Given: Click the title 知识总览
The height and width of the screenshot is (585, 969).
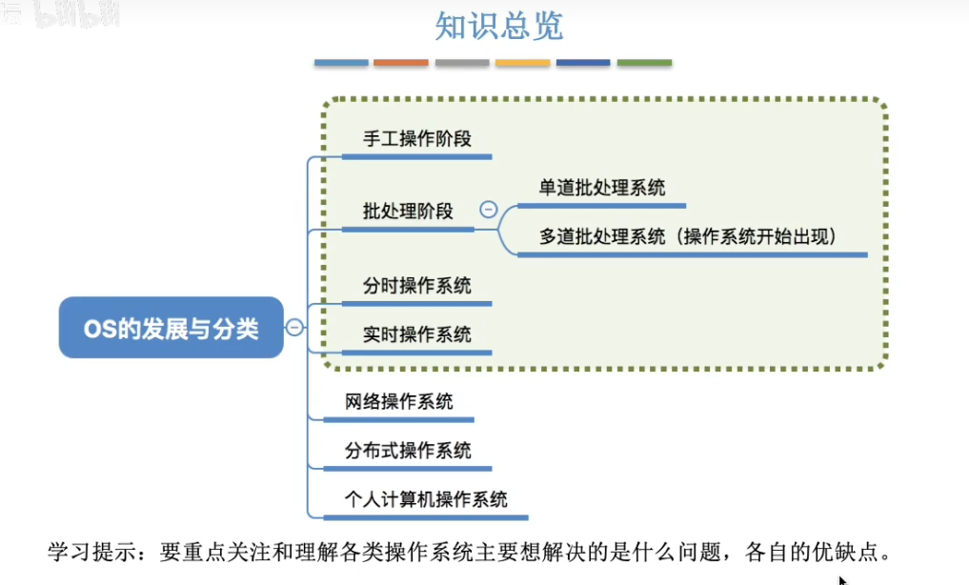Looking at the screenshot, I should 498,27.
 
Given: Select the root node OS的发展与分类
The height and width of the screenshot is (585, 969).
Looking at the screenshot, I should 172,329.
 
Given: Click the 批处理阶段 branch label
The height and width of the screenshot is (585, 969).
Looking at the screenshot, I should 408,212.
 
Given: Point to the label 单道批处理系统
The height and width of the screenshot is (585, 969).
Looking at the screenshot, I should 602,188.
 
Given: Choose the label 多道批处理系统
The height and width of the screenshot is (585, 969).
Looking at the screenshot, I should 602,236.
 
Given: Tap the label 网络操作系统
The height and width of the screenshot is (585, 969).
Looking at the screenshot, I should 399,401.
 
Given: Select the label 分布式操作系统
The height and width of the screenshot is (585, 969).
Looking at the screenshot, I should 408,451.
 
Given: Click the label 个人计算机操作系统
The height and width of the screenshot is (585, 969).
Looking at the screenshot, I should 426,499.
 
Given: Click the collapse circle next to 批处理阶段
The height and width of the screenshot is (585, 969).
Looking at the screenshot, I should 489,210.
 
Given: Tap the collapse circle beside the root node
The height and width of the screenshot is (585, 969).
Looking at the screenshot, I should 295,328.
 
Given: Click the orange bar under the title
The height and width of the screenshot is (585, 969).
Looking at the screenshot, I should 400,63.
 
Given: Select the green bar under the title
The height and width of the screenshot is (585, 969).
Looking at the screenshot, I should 644,63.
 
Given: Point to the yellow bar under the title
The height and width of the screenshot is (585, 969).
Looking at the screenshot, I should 522,63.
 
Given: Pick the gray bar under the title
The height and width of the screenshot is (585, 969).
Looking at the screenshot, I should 461,63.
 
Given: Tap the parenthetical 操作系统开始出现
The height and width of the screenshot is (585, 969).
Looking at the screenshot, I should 759,236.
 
